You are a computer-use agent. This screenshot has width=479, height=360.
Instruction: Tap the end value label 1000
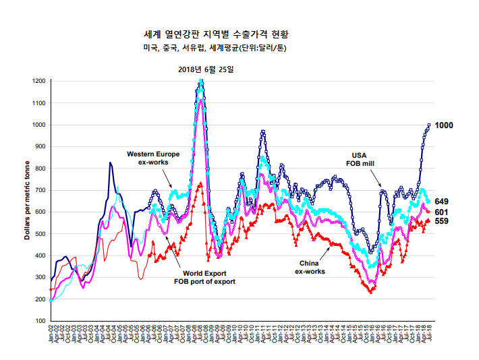[444, 125]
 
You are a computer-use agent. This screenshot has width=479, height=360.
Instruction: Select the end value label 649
[442, 202]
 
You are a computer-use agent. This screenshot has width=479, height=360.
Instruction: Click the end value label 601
[442, 212]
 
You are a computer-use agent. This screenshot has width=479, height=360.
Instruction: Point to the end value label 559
[442, 221]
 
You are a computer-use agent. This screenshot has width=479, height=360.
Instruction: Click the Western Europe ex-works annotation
[153, 158]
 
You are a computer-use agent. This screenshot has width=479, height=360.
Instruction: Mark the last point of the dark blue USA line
[429, 125]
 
